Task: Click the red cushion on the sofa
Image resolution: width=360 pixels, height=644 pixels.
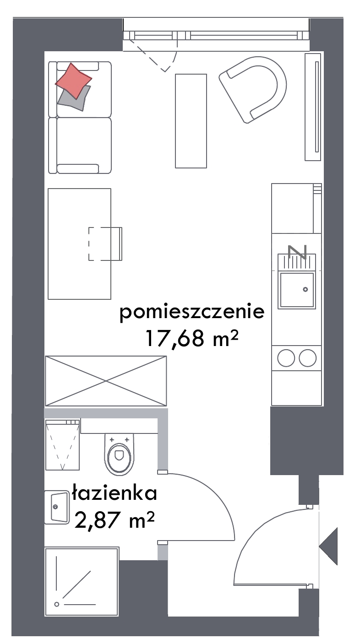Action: tap(74, 81)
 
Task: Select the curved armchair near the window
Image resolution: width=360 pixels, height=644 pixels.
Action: tap(253, 89)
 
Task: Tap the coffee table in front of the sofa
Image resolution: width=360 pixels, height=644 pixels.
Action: tap(191, 121)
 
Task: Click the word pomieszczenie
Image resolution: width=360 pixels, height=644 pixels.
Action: tap(192, 311)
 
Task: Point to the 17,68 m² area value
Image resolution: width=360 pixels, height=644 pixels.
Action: tap(192, 338)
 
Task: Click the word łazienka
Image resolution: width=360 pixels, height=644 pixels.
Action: tap(115, 493)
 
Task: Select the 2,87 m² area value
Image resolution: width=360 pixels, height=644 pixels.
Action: tap(115, 520)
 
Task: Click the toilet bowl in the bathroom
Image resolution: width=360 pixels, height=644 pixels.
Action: tap(119, 455)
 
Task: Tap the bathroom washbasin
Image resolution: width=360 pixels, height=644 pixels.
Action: tap(57, 507)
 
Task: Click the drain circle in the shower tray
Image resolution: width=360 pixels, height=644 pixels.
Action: tap(57, 604)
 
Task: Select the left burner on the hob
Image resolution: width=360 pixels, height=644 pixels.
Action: tap(286, 358)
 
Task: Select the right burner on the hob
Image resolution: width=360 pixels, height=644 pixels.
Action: tap(308, 358)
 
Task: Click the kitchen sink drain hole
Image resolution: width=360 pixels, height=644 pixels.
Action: tap(305, 289)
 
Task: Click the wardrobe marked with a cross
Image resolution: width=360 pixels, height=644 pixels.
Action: tap(106, 381)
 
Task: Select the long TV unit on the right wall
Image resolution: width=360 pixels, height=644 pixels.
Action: tap(313, 107)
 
